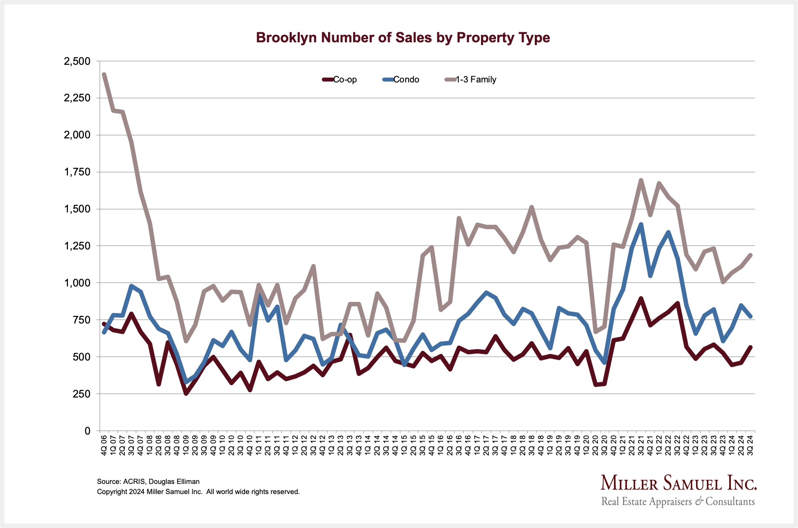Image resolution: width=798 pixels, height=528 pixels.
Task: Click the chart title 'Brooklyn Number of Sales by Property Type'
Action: [403, 37]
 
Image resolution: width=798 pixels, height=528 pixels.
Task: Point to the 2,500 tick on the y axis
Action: [77, 61]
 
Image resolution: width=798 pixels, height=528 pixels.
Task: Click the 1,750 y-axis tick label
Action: [77, 172]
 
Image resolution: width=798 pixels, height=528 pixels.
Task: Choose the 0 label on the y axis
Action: [87, 431]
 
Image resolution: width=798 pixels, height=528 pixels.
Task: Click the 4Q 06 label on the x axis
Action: [104, 445]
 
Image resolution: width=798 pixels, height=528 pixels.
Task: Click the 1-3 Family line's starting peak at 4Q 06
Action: [104, 74]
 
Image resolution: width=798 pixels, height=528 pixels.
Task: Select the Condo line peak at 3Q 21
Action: [641, 224]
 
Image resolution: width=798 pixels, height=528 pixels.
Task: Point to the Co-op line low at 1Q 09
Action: [186, 393]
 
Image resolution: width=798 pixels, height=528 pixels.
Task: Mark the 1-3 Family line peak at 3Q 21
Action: [641, 180]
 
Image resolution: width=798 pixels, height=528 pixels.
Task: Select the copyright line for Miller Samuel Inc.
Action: [198, 492]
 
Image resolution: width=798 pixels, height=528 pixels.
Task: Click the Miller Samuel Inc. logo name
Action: [679, 483]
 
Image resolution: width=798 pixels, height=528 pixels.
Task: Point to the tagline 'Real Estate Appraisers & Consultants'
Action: [678, 502]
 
